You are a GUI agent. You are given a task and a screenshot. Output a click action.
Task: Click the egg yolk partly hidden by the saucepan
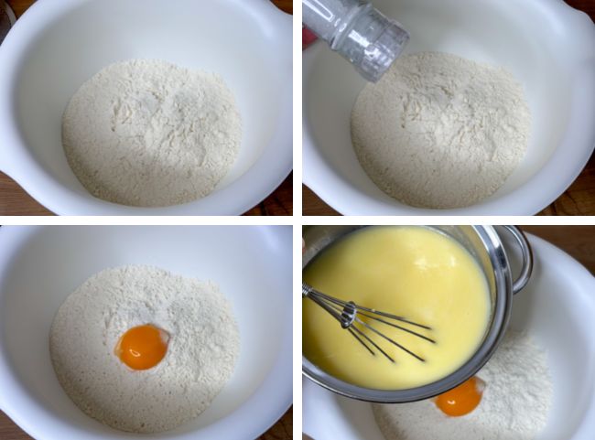click(x=459, y=398)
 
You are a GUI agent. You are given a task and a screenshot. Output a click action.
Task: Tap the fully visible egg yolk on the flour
click(x=144, y=347)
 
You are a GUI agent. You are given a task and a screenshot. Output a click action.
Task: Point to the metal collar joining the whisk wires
click(x=348, y=315)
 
